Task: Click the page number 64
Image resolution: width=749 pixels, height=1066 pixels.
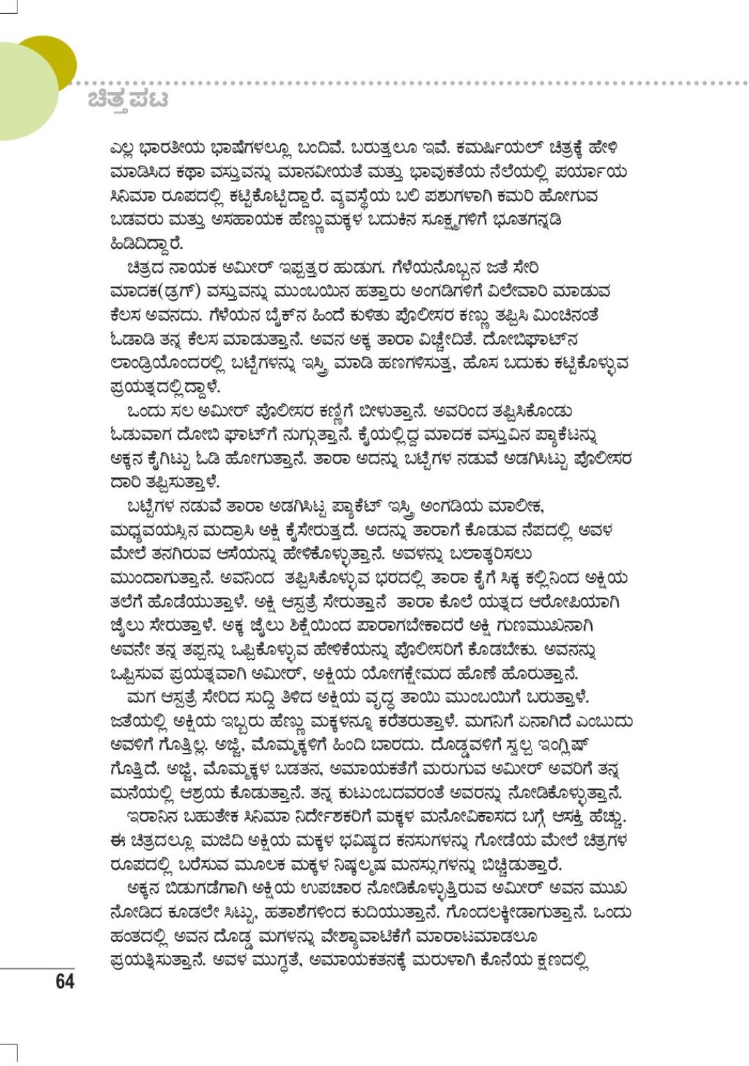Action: pos(64,981)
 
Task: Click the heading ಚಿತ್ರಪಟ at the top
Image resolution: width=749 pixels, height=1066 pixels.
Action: pos(128,100)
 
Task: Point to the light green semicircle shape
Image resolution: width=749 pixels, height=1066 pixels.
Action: pos(24,91)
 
